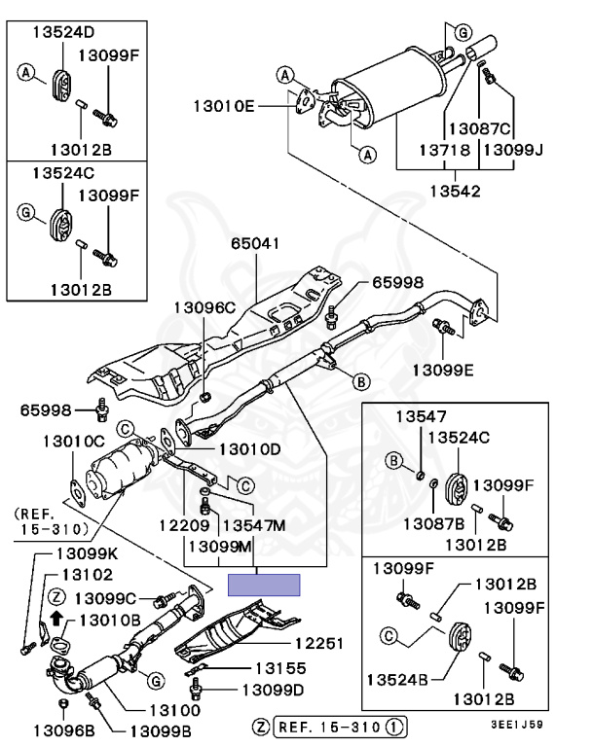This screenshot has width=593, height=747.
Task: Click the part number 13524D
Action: click(63, 32)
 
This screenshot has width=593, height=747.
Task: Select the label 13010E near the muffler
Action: click(224, 106)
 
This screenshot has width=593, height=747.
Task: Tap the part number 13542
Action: click(455, 191)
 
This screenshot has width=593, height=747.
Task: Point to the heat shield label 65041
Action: click(255, 243)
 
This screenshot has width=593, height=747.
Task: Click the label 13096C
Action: click(204, 307)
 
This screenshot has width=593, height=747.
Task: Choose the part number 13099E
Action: click(443, 370)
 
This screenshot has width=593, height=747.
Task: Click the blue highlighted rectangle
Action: click(264, 585)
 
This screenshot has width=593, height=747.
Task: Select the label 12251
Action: click(319, 644)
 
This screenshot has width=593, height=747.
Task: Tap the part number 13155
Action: click(280, 668)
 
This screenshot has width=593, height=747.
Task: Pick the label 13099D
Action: click(273, 690)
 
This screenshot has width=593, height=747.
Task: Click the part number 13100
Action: click(175, 710)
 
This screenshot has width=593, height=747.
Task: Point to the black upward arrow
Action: click(56, 618)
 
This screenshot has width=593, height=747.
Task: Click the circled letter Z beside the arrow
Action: click(56, 597)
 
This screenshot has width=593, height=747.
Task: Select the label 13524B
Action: click(397, 679)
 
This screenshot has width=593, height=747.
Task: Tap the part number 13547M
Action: click(254, 525)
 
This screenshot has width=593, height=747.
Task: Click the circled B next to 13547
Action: click(394, 461)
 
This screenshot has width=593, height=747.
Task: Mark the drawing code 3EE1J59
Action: click(517, 725)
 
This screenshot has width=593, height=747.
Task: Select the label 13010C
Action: click(73, 442)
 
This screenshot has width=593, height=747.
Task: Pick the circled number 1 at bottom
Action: click(393, 727)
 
